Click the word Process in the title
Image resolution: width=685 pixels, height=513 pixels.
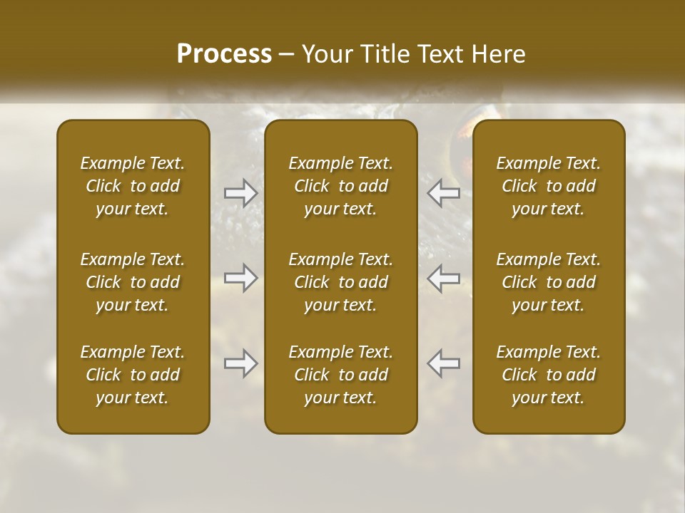pos(224,54)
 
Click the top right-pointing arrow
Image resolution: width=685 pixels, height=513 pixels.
pos(240,193)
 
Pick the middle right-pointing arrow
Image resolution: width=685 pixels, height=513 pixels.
pos(240,278)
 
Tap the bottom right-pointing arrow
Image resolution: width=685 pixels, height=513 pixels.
pos(240,363)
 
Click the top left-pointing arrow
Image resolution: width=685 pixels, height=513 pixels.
pos(443,193)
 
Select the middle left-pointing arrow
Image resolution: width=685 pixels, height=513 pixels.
pos(443,278)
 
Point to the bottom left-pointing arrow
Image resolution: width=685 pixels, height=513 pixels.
pos(443,363)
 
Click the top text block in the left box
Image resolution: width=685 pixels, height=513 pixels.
pos(133,186)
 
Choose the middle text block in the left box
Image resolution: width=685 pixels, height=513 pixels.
pos(133,282)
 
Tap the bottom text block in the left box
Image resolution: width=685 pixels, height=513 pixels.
pos(133,375)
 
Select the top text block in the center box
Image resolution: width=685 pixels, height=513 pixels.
pos(341,186)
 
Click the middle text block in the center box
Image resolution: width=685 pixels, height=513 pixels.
pos(341,282)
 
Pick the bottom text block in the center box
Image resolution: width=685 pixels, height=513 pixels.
pos(341,375)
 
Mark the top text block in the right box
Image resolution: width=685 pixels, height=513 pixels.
pos(549,186)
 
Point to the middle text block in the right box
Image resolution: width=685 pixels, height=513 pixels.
pos(549,282)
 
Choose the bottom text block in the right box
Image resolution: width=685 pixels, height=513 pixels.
pos(549,375)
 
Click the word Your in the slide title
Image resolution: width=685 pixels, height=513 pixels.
pos(325,54)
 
